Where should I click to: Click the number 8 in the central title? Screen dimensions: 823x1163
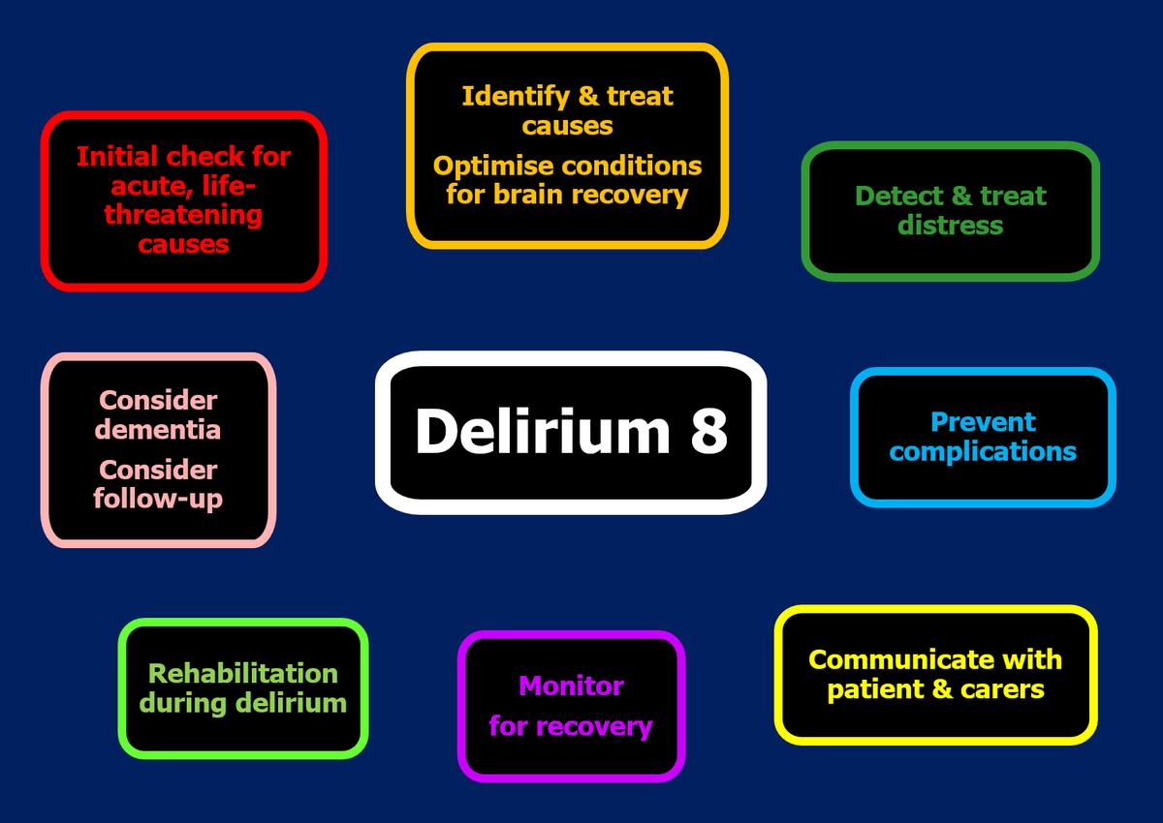(709, 430)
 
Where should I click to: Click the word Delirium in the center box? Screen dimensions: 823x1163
(542, 430)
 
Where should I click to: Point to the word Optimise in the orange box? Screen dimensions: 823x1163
(493, 166)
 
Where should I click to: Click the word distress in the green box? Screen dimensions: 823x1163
(950, 226)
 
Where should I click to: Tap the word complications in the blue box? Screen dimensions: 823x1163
(983, 452)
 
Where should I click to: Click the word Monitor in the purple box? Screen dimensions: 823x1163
(571, 686)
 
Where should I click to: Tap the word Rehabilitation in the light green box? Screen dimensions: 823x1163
(243, 674)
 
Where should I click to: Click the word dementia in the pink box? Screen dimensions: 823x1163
(158, 429)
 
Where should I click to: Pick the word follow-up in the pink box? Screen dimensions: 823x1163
(158, 499)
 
